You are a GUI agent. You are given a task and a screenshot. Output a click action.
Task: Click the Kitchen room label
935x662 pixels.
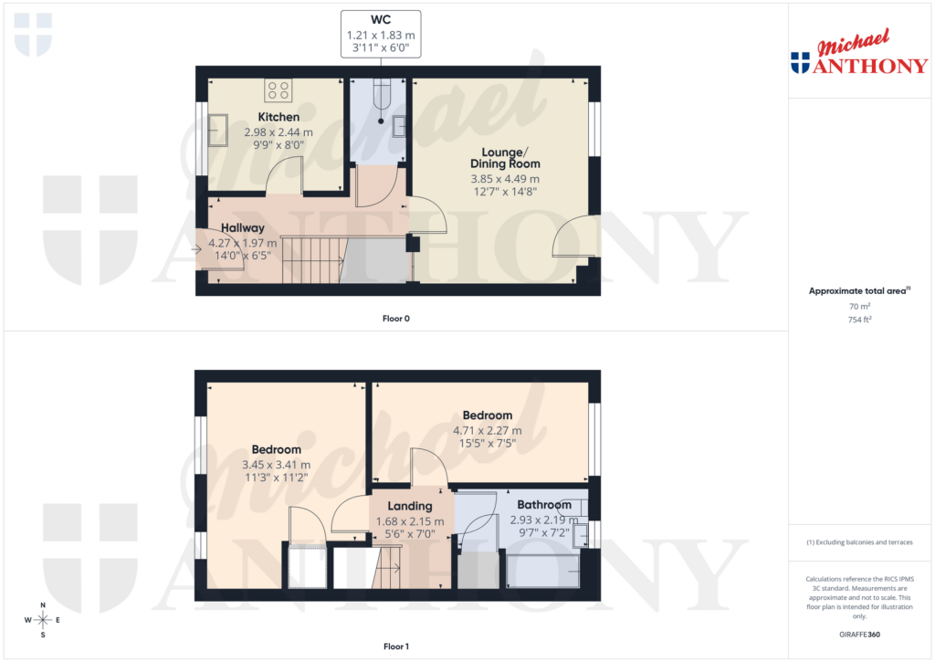(x=278, y=117)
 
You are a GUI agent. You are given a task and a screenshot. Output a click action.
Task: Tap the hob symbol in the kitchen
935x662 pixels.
(x=278, y=90)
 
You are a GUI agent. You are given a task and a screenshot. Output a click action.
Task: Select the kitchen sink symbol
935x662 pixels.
(x=220, y=130)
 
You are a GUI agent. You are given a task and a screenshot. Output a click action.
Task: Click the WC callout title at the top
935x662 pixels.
(x=381, y=19)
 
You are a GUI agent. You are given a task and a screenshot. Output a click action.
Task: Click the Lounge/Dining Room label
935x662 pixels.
(x=505, y=157)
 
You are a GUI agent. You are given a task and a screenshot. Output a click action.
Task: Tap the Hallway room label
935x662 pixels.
(x=243, y=228)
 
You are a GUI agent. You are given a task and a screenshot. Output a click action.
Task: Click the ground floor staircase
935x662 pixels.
(x=310, y=258)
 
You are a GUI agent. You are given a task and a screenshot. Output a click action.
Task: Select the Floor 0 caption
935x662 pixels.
(x=395, y=319)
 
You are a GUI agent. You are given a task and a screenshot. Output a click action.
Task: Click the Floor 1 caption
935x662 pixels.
(x=395, y=646)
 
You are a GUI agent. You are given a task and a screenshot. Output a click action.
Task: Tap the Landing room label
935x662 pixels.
(x=410, y=506)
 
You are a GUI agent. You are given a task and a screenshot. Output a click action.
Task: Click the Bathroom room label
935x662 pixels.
(x=544, y=505)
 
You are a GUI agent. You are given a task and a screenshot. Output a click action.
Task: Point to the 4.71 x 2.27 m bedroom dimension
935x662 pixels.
(x=488, y=431)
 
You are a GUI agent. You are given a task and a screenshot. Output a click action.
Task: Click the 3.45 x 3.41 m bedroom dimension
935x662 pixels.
(x=277, y=464)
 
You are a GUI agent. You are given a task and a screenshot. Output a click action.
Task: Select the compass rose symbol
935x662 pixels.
(x=43, y=619)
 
